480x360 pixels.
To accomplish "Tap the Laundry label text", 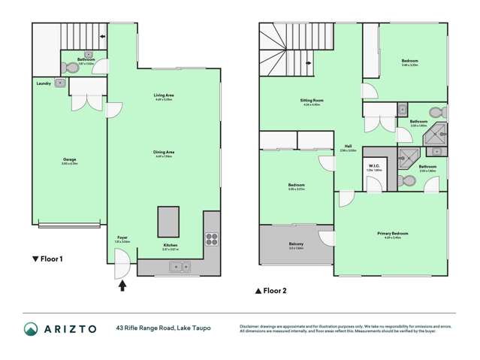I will tap(42, 83).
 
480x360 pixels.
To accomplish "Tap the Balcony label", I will tap(295, 244).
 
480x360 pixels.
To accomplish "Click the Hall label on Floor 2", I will tap(348, 147).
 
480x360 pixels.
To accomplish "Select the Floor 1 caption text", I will tap(47, 259).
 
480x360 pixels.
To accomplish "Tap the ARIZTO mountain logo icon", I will tap(31, 328).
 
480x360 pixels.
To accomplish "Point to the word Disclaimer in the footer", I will tap(251, 325).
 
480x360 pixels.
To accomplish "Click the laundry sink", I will tap(60, 84).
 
